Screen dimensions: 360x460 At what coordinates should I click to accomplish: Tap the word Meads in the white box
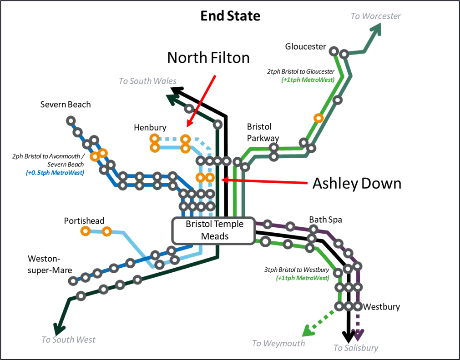click(x=214, y=236)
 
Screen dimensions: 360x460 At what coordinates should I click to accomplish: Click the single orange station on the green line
click(x=318, y=118)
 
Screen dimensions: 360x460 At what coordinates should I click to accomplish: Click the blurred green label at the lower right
click(x=303, y=278)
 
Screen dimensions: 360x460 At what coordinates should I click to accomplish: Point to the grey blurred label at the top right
click(x=376, y=16)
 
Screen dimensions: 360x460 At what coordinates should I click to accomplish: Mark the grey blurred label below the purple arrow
click(x=356, y=349)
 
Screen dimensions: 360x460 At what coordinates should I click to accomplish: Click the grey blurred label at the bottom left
click(x=69, y=340)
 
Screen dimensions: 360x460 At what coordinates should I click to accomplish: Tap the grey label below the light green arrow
click(x=278, y=344)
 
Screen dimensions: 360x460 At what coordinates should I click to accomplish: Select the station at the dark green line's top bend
click(x=218, y=124)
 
